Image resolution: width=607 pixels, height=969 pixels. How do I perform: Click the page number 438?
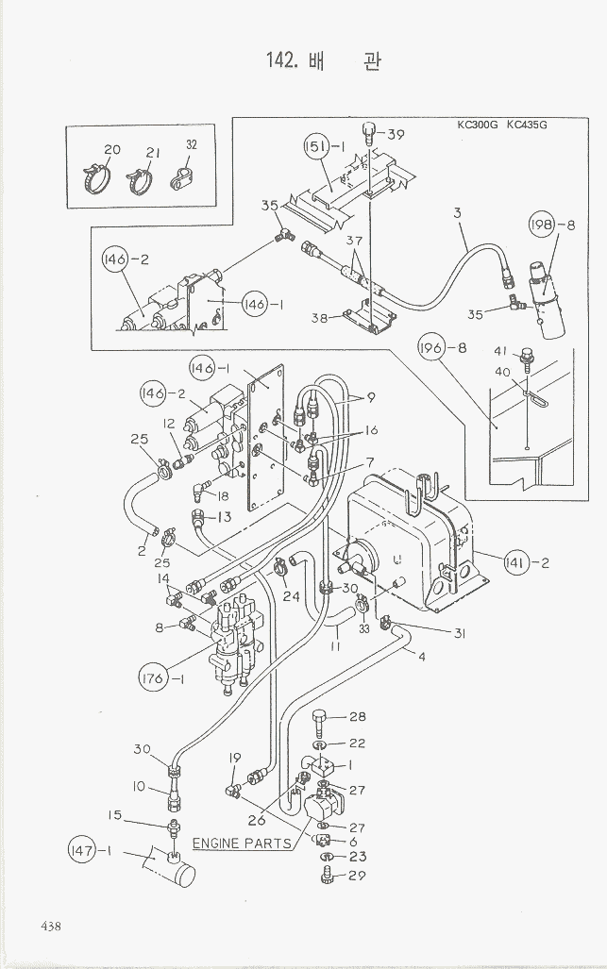(50, 926)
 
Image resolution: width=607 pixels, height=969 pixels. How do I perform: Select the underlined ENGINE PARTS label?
(242, 843)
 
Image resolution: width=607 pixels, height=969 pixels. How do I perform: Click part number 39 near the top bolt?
(395, 134)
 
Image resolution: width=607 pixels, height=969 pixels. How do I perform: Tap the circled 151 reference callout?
(317, 146)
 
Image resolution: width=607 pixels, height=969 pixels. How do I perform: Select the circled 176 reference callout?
(150, 677)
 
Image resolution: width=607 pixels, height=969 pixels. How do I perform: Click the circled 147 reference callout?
(83, 852)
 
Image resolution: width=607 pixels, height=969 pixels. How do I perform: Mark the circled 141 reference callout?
(517, 564)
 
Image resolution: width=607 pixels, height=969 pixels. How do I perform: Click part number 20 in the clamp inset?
(112, 150)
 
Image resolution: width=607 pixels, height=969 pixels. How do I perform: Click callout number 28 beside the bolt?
(357, 717)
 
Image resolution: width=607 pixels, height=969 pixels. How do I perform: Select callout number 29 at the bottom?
(357, 877)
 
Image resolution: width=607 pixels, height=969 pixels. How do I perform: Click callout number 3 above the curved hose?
(457, 213)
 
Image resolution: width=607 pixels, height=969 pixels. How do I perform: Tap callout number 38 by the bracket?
(320, 318)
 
